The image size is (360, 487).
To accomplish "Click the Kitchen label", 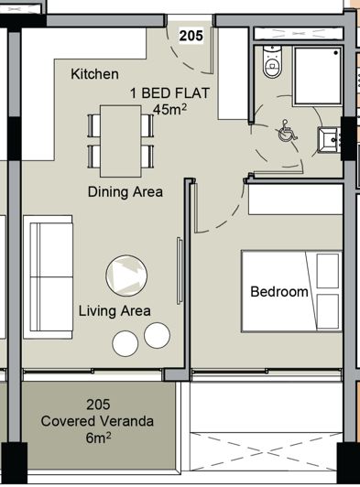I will [x=96, y=73].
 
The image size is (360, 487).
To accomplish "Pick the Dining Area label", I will [x=125, y=192].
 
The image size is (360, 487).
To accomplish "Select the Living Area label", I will [x=115, y=310].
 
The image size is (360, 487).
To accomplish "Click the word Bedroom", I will [x=279, y=292].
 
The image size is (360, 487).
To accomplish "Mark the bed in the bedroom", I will [x=291, y=291].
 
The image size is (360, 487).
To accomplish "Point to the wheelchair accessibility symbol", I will [x=287, y=132].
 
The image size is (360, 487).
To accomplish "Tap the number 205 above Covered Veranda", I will [x=98, y=405].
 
